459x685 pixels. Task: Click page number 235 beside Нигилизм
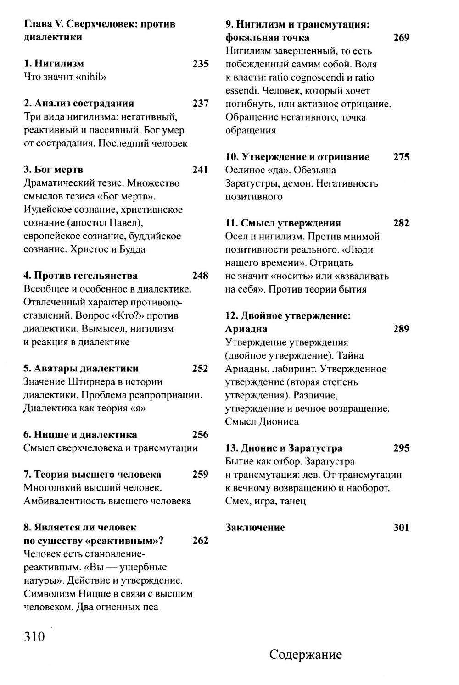(x=201, y=64)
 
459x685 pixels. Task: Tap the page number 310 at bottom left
(x=34, y=636)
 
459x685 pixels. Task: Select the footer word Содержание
(x=305, y=654)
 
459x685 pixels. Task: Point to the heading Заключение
(x=255, y=527)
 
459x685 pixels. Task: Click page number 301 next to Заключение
(x=401, y=527)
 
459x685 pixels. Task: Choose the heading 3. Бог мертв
(x=53, y=170)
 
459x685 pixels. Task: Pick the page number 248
(x=201, y=276)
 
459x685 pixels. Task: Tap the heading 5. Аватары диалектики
(x=81, y=368)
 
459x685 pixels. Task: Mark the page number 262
(x=201, y=541)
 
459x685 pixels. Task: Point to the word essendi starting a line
(x=240, y=91)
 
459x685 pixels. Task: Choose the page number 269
(x=401, y=38)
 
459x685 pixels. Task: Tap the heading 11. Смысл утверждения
(x=283, y=223)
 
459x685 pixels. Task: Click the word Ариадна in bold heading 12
(x=246, y=329)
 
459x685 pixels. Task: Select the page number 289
(x=401, y=329)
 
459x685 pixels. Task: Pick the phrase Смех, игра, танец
(x=265, y=501)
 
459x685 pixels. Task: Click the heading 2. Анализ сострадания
(x=78, y=104)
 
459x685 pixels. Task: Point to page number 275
(x=401, y=157)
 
